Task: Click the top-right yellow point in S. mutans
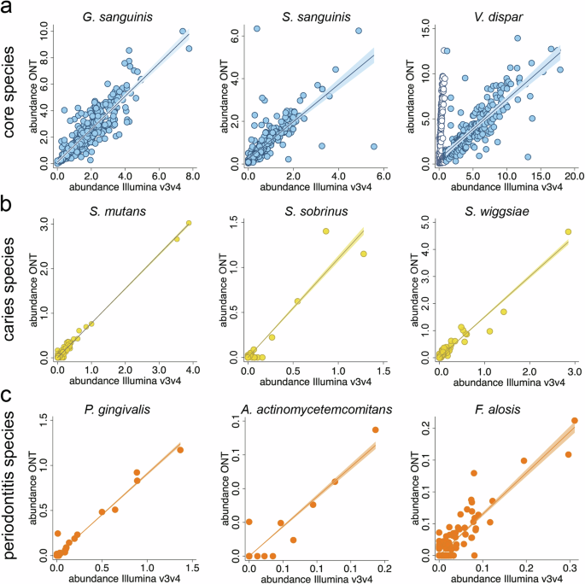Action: (x=189, y=223)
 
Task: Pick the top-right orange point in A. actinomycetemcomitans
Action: (x=375, y=429)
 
